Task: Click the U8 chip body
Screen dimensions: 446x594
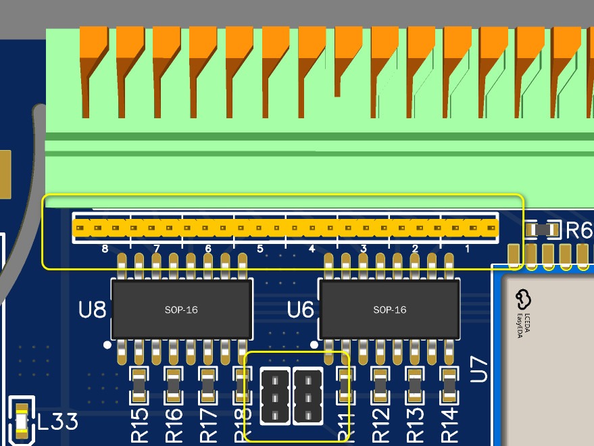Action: (182, 309)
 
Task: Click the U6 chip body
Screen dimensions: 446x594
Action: (390, 309)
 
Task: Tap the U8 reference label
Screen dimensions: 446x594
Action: (93, 310)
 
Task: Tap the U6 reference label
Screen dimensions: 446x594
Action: (301, 310)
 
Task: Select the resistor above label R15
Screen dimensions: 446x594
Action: (139, 386)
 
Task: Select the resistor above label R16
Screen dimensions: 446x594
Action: (174, 386)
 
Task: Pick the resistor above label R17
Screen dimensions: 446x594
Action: (208, 386)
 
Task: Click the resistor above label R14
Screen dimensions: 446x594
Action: (449, 386)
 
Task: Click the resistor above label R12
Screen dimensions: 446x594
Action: (380, 386)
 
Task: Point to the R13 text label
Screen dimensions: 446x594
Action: (415, 424)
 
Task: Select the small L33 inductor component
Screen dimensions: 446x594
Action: (22, 422)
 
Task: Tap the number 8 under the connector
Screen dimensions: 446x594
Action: (105, 249)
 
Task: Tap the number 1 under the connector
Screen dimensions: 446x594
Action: (467, 249)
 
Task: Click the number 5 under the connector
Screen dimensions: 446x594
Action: (259, 249)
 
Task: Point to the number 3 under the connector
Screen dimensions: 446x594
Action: (364, 249)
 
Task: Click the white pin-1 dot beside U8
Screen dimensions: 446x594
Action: (107, 345)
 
